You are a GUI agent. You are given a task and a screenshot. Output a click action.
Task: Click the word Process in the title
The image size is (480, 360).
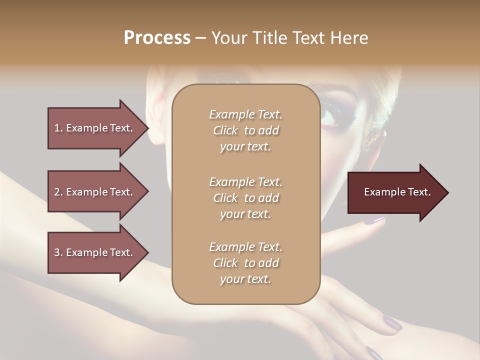point(157,38)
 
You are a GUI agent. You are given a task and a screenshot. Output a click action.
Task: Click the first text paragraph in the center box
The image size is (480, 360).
point(245,130)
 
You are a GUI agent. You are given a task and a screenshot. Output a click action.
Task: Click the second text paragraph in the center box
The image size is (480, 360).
point(245,198)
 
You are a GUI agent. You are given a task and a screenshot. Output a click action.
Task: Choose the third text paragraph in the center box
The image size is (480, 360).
point(245,263)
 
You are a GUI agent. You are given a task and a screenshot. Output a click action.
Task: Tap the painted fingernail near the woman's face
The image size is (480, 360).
point(373,219)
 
